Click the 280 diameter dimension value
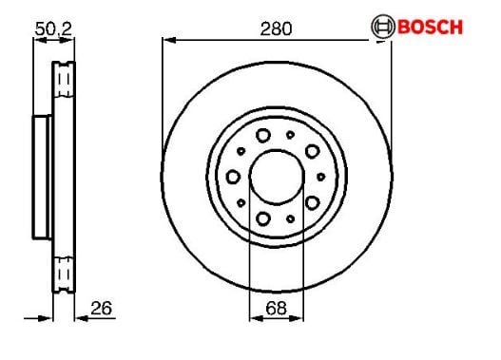click(277, 28)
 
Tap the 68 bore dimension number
click(276, 309)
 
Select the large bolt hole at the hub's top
click(263, 136)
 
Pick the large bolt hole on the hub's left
click(233, 176)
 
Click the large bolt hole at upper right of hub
click(312, 151)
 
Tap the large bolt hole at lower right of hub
click(312, 201)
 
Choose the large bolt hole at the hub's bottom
click(263, 218)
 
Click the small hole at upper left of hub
click(242, 151)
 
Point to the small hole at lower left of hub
click(242, 203)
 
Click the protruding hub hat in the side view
click(43, 178)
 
